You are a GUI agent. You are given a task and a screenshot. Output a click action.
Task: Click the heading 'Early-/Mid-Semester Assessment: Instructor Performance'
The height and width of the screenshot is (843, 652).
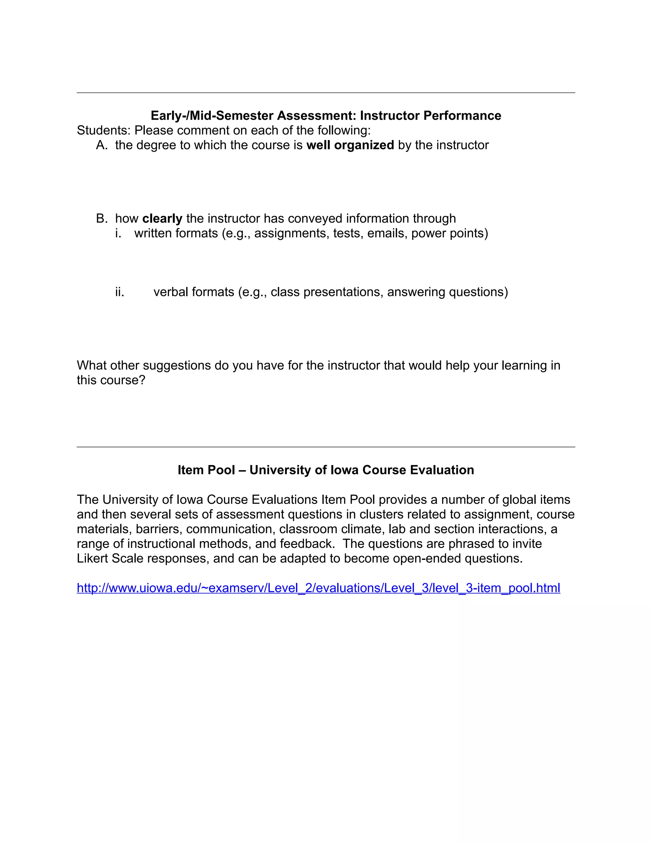(326, 115)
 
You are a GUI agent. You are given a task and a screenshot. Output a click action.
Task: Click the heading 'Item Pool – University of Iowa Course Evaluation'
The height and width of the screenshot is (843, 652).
(326, 470)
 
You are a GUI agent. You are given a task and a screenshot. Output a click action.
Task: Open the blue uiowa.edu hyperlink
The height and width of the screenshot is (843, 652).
(318, 588)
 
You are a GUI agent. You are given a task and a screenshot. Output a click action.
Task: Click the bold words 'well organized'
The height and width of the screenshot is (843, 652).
(350, 145)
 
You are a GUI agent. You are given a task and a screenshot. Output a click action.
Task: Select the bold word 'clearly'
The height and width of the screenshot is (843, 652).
(162, 219)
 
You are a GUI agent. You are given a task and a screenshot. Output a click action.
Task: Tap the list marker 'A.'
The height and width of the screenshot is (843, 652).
(102, 145)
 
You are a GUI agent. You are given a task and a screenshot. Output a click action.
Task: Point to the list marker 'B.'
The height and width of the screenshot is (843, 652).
(102, 219)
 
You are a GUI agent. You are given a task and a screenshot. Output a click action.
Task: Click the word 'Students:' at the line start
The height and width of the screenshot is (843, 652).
(103, 130)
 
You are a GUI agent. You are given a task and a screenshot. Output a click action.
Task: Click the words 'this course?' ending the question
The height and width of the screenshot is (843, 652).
(111, 380)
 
